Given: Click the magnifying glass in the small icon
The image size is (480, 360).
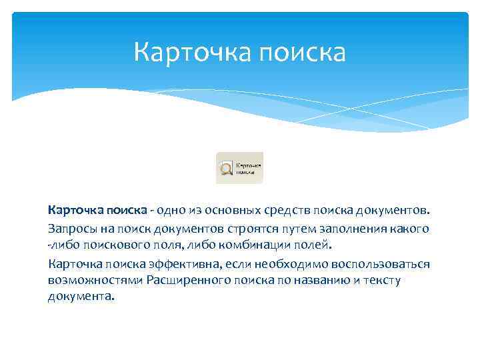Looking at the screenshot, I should [x=226, y=167].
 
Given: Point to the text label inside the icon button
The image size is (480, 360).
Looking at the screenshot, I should [x=249, y=167].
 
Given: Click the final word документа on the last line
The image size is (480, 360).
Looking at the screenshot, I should [x=81, y=297].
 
